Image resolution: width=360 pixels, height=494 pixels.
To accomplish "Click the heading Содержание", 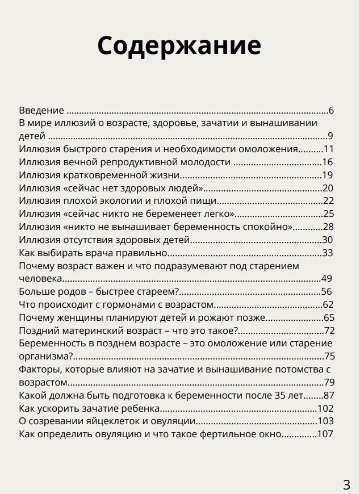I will click(x=179, y=45).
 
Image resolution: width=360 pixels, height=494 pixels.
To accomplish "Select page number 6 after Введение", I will click(x=331, y=110).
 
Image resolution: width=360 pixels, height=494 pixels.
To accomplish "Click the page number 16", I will click(x=327, y=162).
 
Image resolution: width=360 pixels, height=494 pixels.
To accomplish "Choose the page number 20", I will click(x=327, y=188).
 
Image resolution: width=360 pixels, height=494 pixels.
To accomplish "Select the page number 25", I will click(x=328, y=213).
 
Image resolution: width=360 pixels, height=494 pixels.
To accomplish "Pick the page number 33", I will click(x=327, y=252).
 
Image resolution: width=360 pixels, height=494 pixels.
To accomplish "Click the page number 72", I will click(x=329, y=330).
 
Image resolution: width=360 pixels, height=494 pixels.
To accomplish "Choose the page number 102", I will click(x=325, y=408).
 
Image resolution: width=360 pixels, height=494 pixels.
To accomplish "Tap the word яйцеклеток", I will click(x=97, y=421).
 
